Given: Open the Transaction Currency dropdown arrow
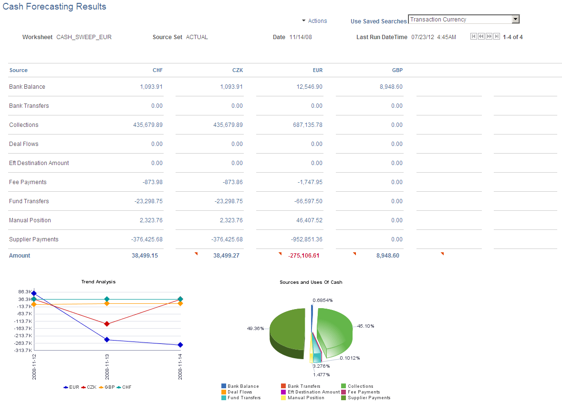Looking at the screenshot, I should (x=515, y=20).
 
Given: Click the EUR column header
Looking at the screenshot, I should (x=317, y=70).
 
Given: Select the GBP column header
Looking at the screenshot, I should (x=397, y=70).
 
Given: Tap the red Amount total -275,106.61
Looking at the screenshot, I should (x=303, y=256).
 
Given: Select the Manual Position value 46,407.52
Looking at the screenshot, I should (x=309, y=220).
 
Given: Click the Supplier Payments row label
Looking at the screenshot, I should (x=34, y=239).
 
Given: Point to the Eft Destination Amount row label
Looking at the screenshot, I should (x=39, y=163).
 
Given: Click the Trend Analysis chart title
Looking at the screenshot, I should (x=98, y=282).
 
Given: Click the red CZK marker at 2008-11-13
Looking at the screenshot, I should (x=107, y=324).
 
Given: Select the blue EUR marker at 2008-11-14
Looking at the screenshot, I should (x=180, y=345).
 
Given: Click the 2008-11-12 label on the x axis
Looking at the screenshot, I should (x=34, y=367).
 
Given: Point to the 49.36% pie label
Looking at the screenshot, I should (x=255, y=328).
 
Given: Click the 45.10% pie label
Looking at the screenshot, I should (x=366, y=326).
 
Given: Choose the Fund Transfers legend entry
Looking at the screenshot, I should (x=244, y=398).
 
